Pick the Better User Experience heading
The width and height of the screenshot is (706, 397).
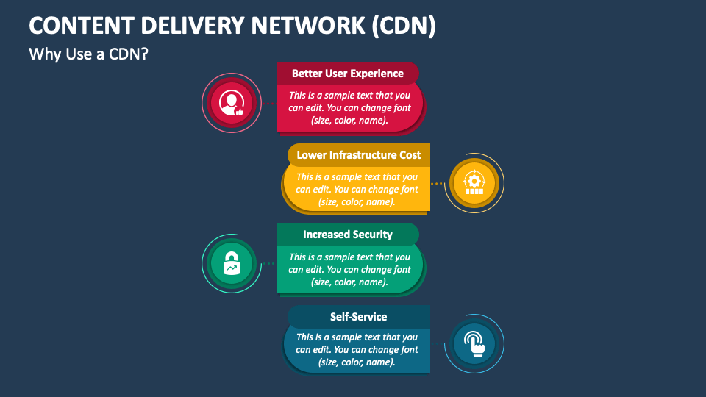[x=347, y=74]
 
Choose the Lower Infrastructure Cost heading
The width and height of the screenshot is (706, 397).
[x=358, y=155]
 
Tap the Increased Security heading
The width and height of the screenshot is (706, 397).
[x=347, y=235]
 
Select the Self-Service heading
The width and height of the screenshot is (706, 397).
[x=358, y=317]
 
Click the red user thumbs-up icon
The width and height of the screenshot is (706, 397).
[x=232, y=102]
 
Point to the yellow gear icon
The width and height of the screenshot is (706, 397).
[x=474, y=183]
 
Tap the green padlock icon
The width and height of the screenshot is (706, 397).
[x=232, y=263]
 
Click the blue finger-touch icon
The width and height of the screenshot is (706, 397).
[x=474, y=343]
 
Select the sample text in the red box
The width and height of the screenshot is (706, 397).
[x=349, y=107]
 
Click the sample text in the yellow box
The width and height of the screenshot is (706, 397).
[x=357, y=189]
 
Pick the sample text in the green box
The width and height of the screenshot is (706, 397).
[x=349, y=269]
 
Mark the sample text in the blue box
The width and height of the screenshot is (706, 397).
[x=357, y=349]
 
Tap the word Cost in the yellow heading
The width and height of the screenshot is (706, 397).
[x=410, y=155]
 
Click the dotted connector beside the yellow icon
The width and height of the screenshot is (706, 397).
[x=438, y=183]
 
